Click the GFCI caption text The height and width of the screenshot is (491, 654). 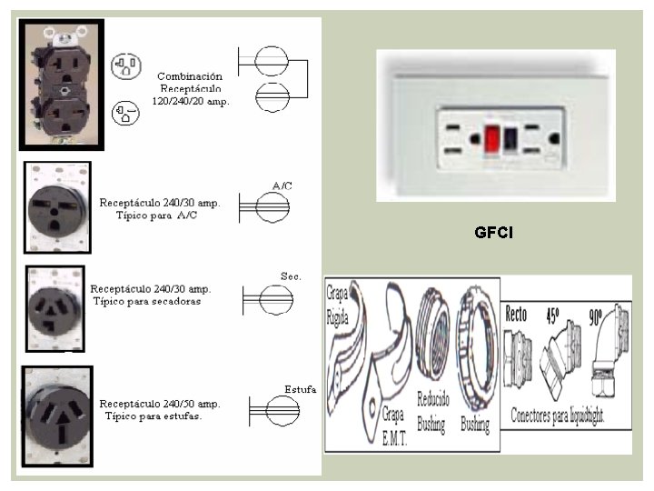(x=493, y=233)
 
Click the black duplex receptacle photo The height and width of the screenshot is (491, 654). (x=61, y=85)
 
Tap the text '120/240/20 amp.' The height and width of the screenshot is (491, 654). (x=191, y=102)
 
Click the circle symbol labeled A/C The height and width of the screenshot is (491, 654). (x=270, y=207)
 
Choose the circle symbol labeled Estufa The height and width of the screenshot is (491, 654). (x=275, y=412)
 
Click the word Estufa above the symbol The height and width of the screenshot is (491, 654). (x=300, y=389)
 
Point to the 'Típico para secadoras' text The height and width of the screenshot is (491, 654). (x=147, y=301)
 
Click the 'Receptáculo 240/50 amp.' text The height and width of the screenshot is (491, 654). (x=160, y=404)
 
